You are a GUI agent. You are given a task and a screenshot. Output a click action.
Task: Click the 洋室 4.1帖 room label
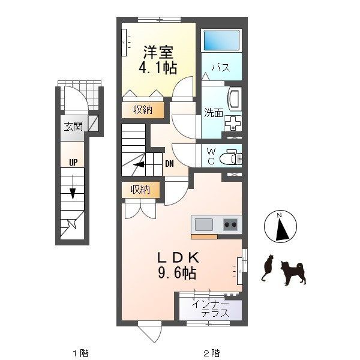pyautogui.click(x=158, y=59)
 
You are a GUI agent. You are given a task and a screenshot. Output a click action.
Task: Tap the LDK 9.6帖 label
pyautogui.click(x=178, y=265)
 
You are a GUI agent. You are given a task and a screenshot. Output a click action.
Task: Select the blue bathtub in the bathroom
pyautogui.click(x=221, y=40)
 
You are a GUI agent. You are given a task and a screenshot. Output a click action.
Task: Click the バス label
pyautogui.click(x=221, y=68)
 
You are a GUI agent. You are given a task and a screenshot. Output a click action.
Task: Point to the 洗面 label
pyautogui.click(x=214, y=113)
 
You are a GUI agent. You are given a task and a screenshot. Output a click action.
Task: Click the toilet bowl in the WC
pyautogui.click(x=230, y=158)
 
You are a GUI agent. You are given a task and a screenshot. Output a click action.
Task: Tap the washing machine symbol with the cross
pyautogui.click(x=233, y=123)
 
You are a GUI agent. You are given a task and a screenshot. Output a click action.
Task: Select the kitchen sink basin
pyautogui.click(x=204, y=224)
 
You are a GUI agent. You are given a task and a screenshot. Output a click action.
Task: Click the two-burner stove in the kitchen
pyautogui.click(x=230, y=224)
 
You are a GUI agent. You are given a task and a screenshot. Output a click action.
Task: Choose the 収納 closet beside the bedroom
pyautogui.click(x=143, y=110)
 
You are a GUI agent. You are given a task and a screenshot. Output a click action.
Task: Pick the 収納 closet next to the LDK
pyautogui.click(x=140, y=190)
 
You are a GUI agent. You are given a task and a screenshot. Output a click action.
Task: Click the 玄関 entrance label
pyautogui.click(x=73, y=127)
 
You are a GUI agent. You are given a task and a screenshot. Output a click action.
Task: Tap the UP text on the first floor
pyautogui.click(x=73, y=163)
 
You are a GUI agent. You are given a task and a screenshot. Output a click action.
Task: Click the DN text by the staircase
pyautogui.click(x=169, y=164)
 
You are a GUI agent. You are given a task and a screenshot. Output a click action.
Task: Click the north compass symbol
pyautogui.click(x=280, y=226)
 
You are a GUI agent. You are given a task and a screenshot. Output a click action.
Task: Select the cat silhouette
pyautogui.click(x=268, y=268)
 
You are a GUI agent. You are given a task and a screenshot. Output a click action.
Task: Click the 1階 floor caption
pyautogui.click(x=80, y=353)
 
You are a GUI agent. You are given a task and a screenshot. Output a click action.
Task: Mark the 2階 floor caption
pyautogui.click(x=212, y=353)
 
